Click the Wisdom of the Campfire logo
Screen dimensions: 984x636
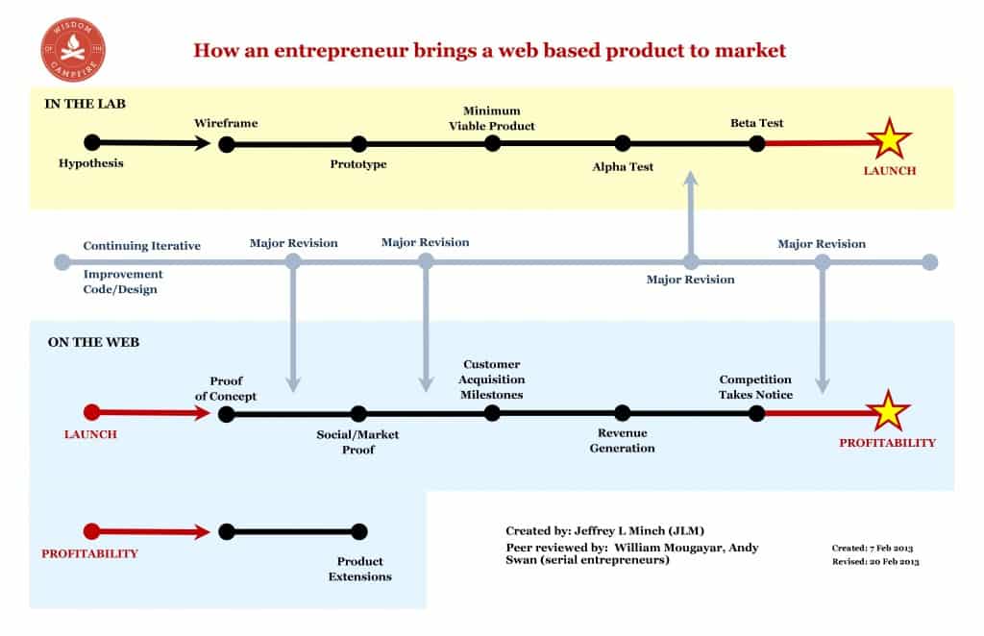73,50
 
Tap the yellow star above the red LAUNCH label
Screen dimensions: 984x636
889,139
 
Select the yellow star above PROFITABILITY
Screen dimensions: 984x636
887,411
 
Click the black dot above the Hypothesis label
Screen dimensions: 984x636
92,142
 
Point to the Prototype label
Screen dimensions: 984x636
358,164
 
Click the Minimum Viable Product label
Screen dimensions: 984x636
491,118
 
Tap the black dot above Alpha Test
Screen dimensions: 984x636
623,143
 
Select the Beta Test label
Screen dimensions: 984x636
757,123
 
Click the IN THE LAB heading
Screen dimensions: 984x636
86,104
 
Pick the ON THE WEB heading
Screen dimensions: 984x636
93,342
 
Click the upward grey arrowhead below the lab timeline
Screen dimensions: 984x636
691,178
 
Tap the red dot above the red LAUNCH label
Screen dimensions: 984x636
91,412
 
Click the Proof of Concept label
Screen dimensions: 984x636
226,388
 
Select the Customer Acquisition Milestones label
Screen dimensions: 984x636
491,379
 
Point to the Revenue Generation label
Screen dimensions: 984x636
622,440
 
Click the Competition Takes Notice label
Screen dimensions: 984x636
755,387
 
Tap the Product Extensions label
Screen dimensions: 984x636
359,569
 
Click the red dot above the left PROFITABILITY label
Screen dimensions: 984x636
91,531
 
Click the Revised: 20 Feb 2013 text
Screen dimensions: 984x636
875,561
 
